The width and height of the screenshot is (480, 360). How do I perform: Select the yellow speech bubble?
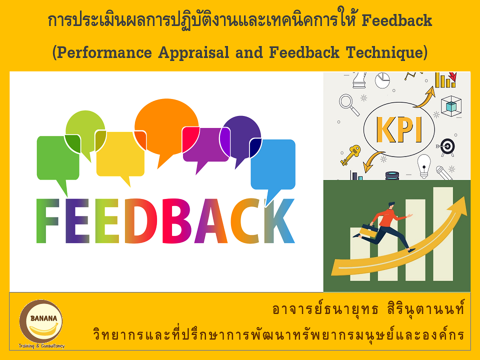(x=120, y=154)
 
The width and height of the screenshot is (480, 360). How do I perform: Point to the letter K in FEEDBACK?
(x=279, y=221)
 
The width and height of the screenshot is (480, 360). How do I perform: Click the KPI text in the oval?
(x=399, y=130)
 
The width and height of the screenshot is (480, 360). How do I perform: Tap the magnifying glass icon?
(x=349, y=104)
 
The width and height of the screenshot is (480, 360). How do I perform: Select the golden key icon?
(x=350, y=155)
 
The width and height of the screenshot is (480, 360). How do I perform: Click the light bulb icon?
(x=423, y=166)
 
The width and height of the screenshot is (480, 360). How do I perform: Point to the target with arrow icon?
(x=446, y=147)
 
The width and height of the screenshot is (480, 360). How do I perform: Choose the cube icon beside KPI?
(x=451, y=106)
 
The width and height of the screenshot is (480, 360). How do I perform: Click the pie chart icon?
(x=382, y=80)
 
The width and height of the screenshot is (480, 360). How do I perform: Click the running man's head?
(x=391, y=205)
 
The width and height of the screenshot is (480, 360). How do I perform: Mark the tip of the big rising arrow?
(x=465, y=197)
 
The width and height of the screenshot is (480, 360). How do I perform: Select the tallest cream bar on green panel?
(x=443, y=234)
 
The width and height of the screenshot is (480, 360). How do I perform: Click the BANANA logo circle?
(x=41, y=321)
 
